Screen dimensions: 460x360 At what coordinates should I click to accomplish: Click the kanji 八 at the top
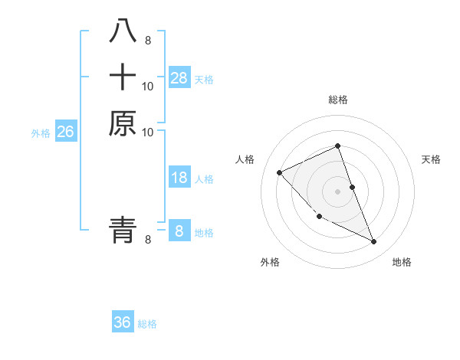pos(123,31)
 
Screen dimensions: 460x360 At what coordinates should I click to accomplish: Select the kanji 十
pos(123,78)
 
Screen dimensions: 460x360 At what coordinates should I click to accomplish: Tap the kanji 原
pos(123,123)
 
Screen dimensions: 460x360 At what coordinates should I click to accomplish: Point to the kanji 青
pos(123,229)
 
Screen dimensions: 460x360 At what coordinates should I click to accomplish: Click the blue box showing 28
pos(179,78)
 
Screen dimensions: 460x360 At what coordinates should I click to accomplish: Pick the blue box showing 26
pos(65,133)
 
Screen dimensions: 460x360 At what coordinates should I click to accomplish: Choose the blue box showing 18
pos(179,178)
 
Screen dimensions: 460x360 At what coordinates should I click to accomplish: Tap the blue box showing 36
pos(123,322)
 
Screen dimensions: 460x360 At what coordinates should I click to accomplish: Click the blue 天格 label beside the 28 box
pos(204,80)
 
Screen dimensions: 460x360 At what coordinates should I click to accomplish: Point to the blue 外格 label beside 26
pos(41,133)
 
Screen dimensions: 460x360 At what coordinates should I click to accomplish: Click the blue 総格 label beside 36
pos(147,324)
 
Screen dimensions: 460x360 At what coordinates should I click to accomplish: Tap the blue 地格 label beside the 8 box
pos(204,233)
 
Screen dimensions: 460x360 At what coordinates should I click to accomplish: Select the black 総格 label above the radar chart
pos(338,100)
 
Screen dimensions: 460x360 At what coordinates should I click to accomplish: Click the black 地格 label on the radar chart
pos(402,262)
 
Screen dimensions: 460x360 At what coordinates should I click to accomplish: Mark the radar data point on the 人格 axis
pos(280,172)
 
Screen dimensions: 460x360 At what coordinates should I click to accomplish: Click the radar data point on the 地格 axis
pos(374,242)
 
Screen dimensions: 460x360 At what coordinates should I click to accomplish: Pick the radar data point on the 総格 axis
pos(338,146)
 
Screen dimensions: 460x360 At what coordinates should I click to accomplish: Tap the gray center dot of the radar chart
pos(338,191)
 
